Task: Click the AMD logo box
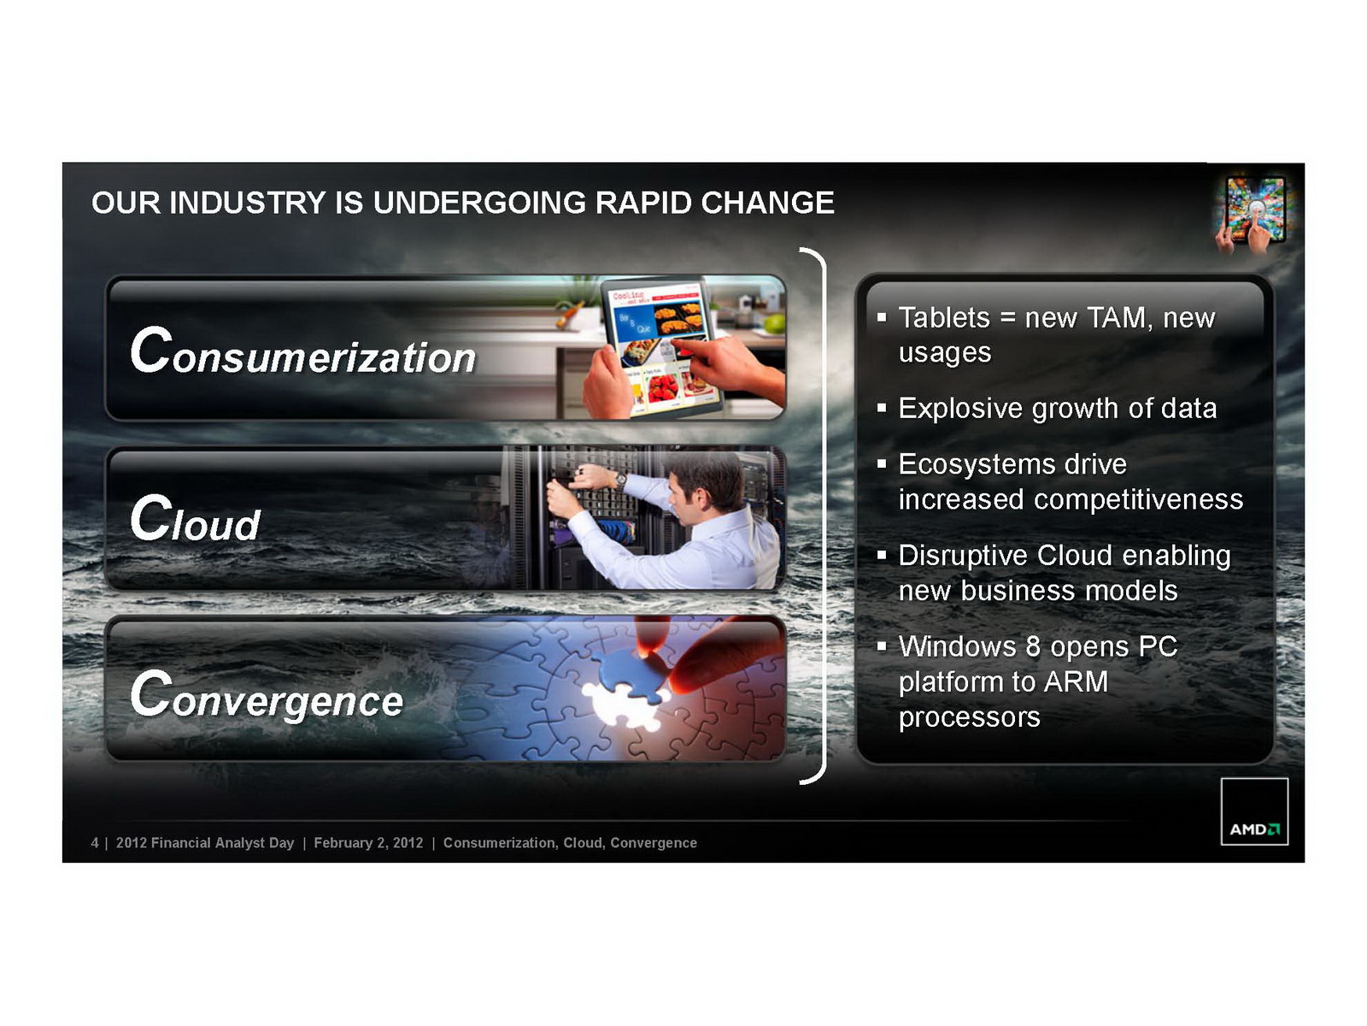pyautogui.click(x=1253, y=811)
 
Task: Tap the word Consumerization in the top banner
pyautogui.click(x=302, y=352)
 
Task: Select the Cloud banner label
pyautogui.click(x=195, y=518)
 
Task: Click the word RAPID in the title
pyautogui.click(x=642, y=203)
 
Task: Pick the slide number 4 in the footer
pyautogui.click(x=95, y=843)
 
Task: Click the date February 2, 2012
pyautogui.click(x=368, y=843)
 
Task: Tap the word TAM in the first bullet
pyautogui.click(x=1116, y=318)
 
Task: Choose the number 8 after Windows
pyautogui.click(x=1033, y=646)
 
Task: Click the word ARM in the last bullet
pyautogui.click(x=1077, y=681)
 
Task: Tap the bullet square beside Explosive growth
pyautogui.click(x=881, y=408)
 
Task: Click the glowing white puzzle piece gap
pyautogui.click(x=623, y=704)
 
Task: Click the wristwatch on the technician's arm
pyautogui.click(x=620, y=479)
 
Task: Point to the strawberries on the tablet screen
pyautogui.click(x=662, y=387)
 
